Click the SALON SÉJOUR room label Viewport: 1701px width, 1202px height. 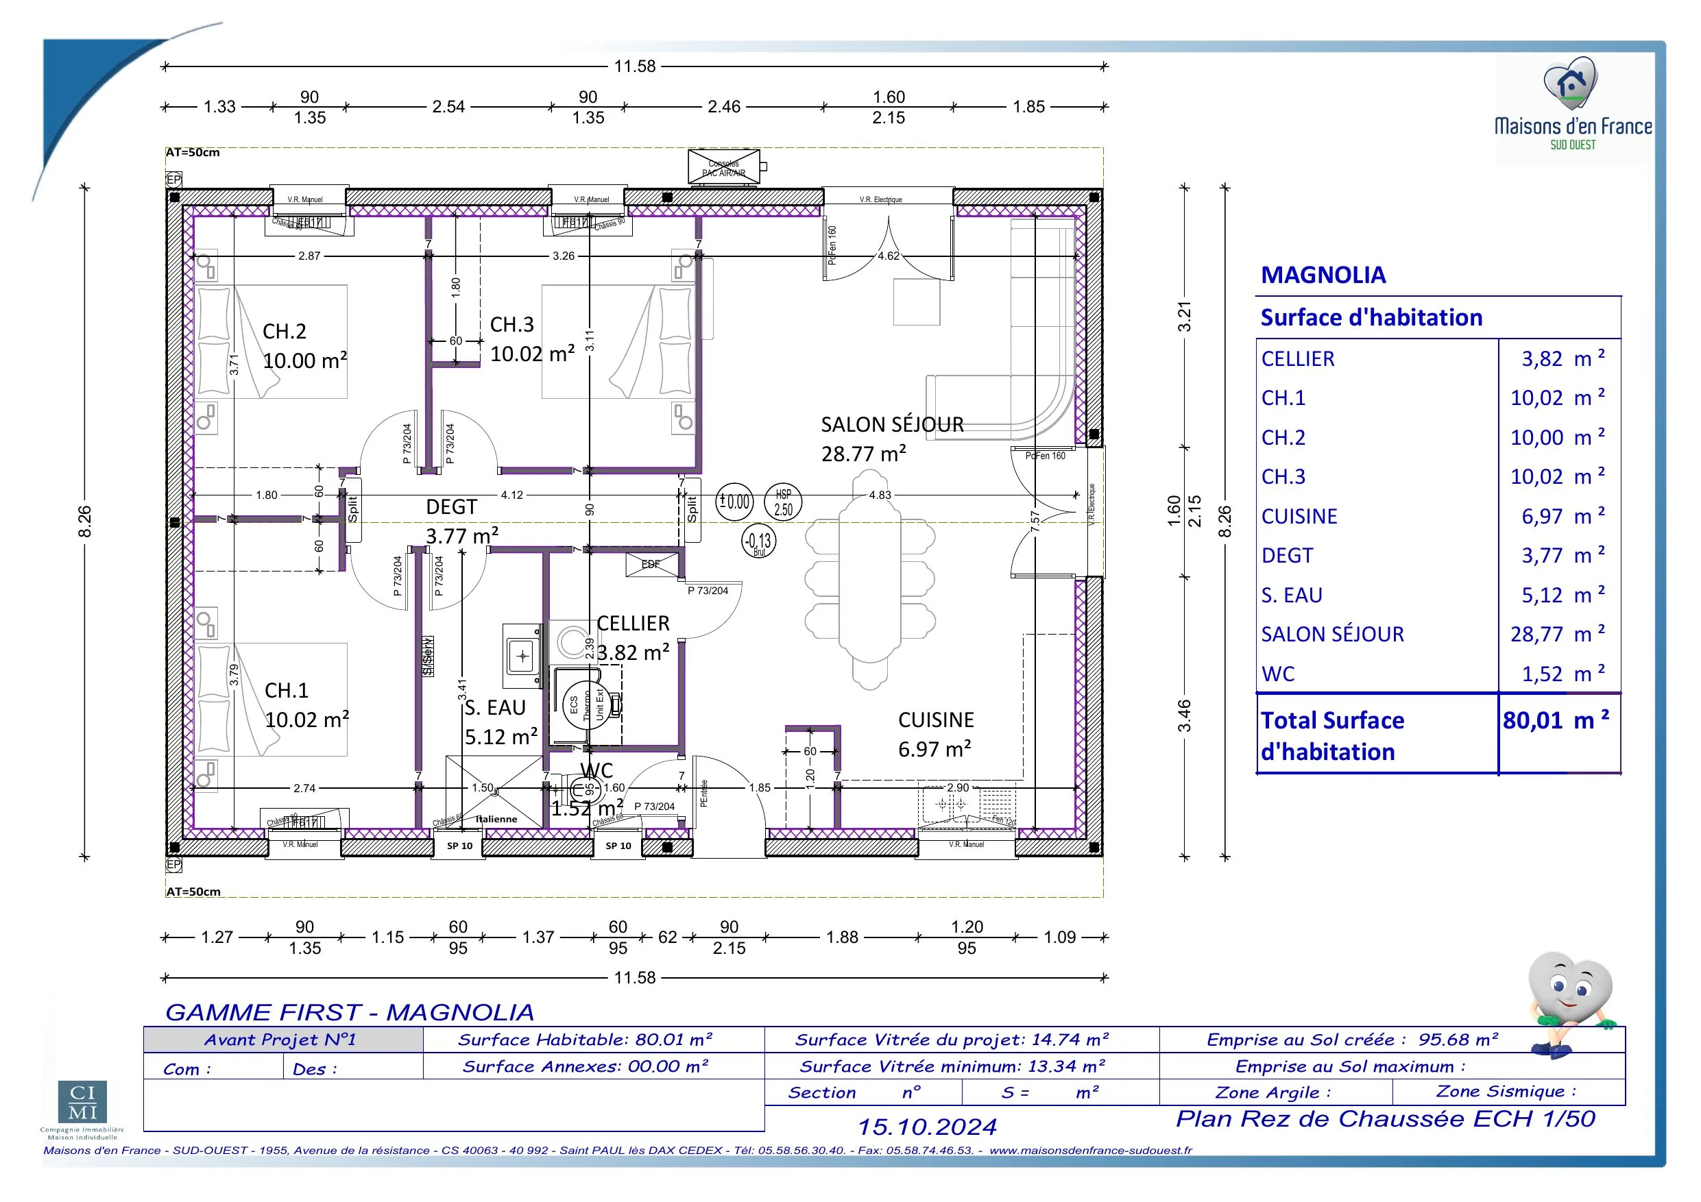892,425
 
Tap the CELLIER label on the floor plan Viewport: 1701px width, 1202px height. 633,624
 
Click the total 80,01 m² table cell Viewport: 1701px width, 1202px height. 1555,721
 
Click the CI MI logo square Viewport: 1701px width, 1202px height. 82,1103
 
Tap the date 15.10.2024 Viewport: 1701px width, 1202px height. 927,1127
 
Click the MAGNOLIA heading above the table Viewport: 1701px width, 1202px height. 1323,275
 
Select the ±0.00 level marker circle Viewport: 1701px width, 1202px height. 734,502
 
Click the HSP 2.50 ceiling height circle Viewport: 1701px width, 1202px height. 783,502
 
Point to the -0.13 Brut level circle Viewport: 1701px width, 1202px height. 759,541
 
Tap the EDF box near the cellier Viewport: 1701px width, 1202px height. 651,565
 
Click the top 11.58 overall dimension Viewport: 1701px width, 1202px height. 635,66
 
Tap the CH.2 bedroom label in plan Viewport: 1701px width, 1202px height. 285,331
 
